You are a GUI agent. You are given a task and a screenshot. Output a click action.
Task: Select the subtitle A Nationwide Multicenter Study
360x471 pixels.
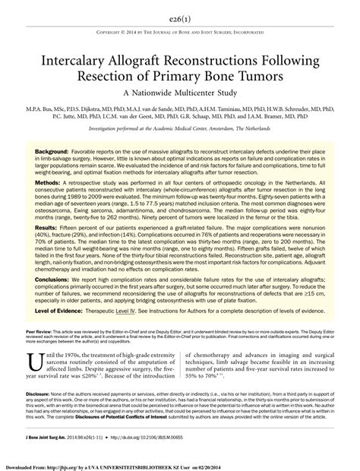[x=180, y=95]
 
